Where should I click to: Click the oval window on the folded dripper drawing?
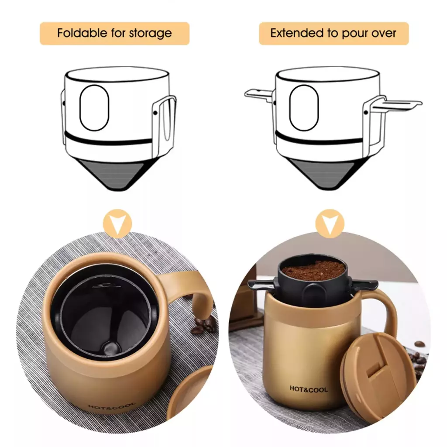pos(94,108)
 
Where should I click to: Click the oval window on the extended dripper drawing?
pos(304,108)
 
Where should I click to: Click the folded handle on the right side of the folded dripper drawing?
pos(164,125)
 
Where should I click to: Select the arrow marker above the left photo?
pos(117,223)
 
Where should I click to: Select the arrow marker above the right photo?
pos(330,223)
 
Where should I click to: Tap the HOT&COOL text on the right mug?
pos(309,389)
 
